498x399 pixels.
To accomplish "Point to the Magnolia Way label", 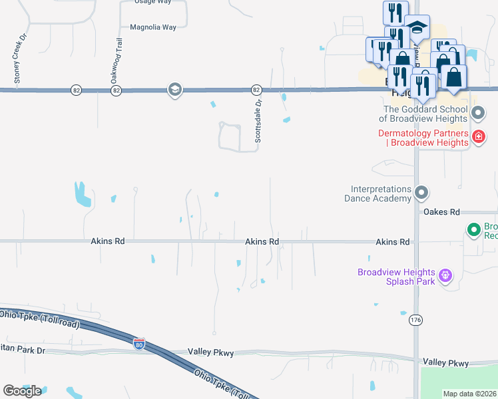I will [153, 27].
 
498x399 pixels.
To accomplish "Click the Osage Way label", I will [152, 2].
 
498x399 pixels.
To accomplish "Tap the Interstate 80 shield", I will [138, 344].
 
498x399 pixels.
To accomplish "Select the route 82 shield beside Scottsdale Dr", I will [256, 90].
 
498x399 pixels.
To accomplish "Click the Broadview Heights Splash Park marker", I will [445, 274].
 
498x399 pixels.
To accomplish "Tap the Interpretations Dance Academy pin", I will [421, 193].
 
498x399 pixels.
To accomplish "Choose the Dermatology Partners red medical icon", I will [477, 137].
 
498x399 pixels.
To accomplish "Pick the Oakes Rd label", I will [441, 212].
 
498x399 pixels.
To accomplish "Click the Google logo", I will [22, 390].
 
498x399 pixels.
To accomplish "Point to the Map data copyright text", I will [469, 394].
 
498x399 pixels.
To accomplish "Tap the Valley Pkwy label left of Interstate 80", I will [211, 352].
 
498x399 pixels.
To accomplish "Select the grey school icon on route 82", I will [174, 90].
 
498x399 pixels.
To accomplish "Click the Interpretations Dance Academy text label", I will [377, 194].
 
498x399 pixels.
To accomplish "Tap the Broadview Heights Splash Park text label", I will [396, 277].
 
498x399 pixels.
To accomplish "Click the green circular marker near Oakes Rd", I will [474, 230].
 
